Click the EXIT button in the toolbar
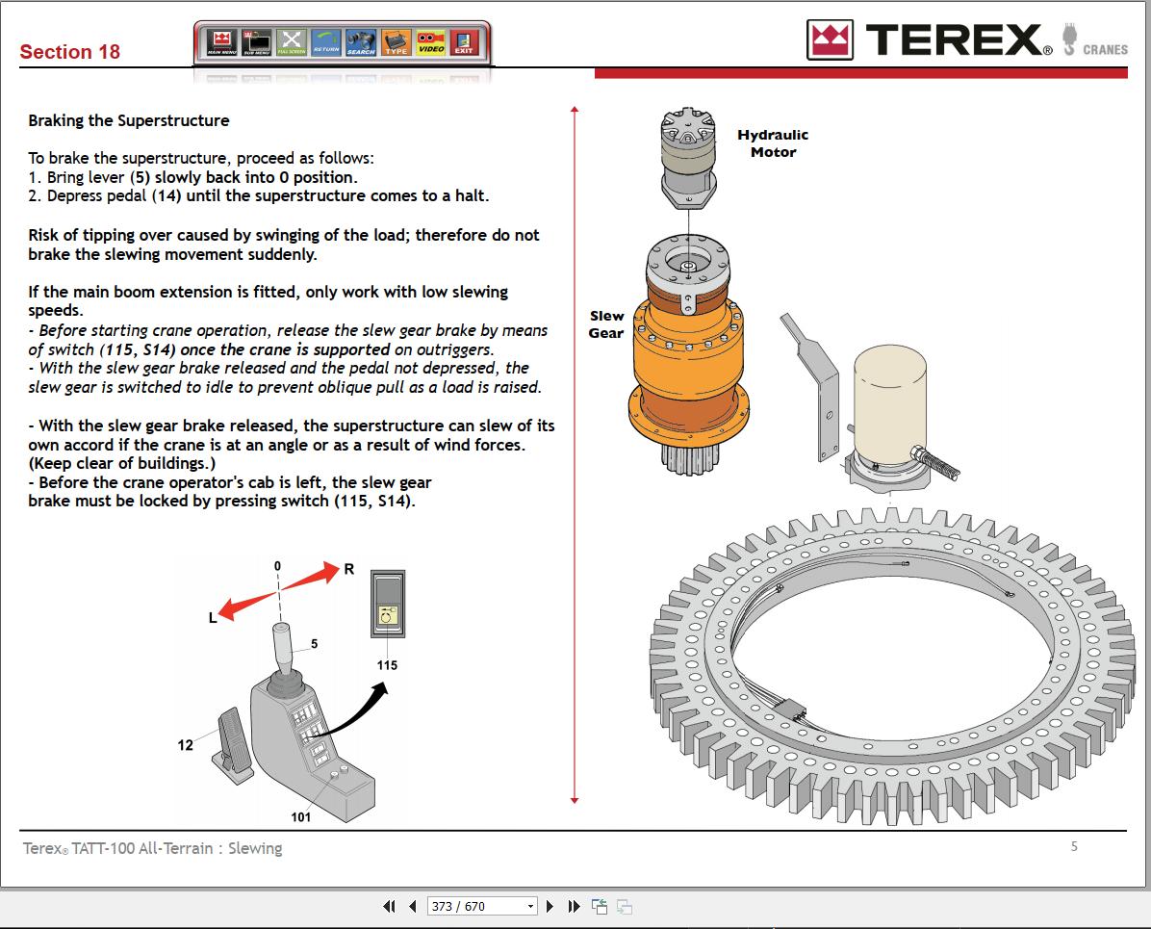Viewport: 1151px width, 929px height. tap(464, 41)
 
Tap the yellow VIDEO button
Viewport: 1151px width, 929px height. tap(430, 41)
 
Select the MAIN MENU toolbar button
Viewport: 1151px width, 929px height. tap(222, 41)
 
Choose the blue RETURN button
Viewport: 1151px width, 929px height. tap(326, 41)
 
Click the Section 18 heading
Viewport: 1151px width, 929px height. tap(70, 52)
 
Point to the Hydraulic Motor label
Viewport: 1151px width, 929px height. tap(773, 143)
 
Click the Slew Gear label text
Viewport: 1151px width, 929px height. tap(606, 324)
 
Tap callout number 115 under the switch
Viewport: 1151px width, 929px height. tap(387, 665)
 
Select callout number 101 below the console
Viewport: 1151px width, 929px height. tap(301, 817)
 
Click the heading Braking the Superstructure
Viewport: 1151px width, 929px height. tap(129, 120)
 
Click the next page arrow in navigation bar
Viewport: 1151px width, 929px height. tap(550, 906)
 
